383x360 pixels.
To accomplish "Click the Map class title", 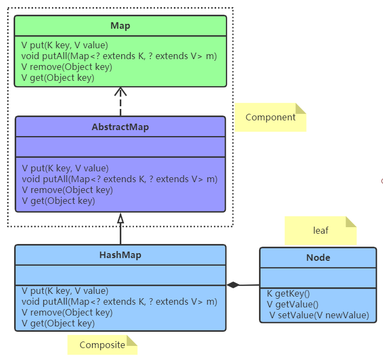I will tap(120, 25).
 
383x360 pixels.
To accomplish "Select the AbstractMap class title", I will tap(120, 127).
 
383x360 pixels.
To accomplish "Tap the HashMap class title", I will tap(120, 255).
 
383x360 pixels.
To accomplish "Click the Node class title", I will tap(318, 258).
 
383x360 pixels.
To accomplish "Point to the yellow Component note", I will tap(270, 117).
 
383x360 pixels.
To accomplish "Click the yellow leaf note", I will tap(321, 230).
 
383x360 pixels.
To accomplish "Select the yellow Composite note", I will tap(102, 345).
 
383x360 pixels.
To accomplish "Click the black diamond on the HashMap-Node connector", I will tap(233, 285).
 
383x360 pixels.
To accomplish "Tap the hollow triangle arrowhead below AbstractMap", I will tap(120, 218).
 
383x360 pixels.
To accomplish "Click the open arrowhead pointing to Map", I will tap(120, 92).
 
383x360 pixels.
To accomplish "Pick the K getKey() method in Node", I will tap(288, 294).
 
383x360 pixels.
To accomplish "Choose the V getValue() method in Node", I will tap(293, 305).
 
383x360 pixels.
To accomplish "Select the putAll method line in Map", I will tap(119, 56).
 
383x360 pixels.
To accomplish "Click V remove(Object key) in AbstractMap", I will tap(67, 190).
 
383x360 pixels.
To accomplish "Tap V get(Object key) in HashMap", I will tap(58, 324).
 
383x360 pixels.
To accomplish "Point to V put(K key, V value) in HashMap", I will tap(65, 291).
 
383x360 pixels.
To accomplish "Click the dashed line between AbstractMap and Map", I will tap(120, 106).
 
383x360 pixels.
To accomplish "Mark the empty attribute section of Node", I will tap(318, 278).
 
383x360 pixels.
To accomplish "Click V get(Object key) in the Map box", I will tap(58, 78).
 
